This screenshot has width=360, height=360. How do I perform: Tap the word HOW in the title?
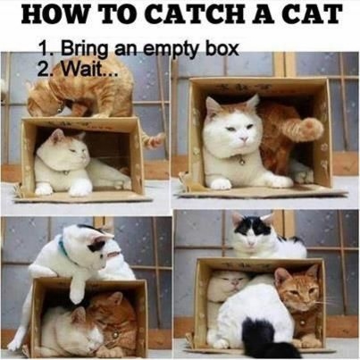coord(50,14)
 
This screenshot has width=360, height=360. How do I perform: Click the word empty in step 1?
coord(174,50)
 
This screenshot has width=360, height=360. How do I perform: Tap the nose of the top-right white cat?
coord(245,138)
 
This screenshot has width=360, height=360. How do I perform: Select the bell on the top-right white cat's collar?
coord(241,162)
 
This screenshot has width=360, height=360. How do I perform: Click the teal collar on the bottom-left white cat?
coord(65,250)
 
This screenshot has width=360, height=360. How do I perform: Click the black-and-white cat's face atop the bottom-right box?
coord(253,231)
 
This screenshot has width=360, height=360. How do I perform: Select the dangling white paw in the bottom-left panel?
coord(77,289)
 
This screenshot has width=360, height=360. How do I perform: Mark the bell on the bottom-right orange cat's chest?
coord(303,323)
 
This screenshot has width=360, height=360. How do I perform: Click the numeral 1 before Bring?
coord(44,48)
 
